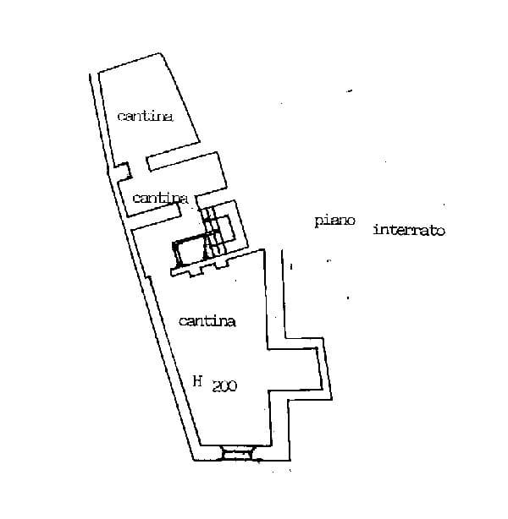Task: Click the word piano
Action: click(x=335, y=221)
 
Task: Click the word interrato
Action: click(x=409, y=230)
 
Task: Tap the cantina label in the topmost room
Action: click(x=146, y=116)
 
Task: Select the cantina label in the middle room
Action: click(x=160, y=198)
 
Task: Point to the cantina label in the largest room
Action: click(x=207, y=321)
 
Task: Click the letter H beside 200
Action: click(x=198, y=381)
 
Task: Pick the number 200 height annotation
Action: click(x=224, y=386)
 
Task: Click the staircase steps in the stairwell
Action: click(x=212, y=232)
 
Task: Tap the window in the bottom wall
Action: click(x=237, y=453)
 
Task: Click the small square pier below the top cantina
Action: click(x=123, y=172)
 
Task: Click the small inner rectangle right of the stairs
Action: click(x=225, y=227)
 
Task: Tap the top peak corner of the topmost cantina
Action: click(x=161, y=53)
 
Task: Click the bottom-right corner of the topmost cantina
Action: click(x=199, y=142)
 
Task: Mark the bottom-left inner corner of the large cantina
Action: click(x=201, y=445)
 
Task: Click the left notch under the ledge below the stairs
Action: click(x=196, y=271)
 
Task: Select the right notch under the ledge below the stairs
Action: click(x=221, y=264)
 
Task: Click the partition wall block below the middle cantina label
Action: click(x=153, y=210)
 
